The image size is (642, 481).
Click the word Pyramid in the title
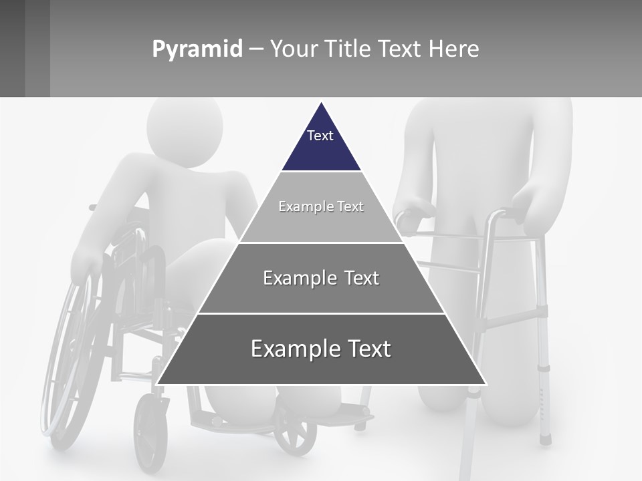tap(197, 49)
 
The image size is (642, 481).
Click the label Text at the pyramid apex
tap(320, 136)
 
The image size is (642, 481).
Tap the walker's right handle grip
tap(512, 214)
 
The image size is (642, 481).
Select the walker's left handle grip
tap(409, 216)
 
